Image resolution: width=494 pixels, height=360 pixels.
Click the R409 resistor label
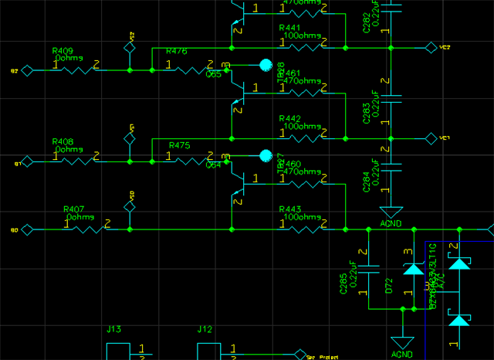coord(63,51)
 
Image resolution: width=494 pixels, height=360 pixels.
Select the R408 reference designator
coord(63,142)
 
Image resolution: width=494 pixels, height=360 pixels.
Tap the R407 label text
coord(74,209)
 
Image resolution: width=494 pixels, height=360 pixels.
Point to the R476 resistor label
coord(177,51)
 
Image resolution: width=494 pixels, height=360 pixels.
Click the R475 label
coord(179,145)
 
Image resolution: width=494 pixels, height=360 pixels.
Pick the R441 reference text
coord(289,28)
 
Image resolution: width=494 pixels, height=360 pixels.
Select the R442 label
coord(289,118)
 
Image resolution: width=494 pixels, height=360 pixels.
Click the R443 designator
coord(289,210)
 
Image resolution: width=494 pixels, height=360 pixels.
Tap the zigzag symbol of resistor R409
coord(75,70)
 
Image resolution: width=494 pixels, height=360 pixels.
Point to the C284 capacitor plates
coord(391,165)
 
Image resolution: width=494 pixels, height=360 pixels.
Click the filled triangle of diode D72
coord(413,270)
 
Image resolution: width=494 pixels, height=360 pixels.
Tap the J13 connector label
coord(113,330)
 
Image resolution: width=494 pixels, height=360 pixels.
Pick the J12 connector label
coord(205,330)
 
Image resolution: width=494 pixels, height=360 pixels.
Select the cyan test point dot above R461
coord(266,65)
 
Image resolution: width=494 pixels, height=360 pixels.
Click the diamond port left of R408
coord(27,161)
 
